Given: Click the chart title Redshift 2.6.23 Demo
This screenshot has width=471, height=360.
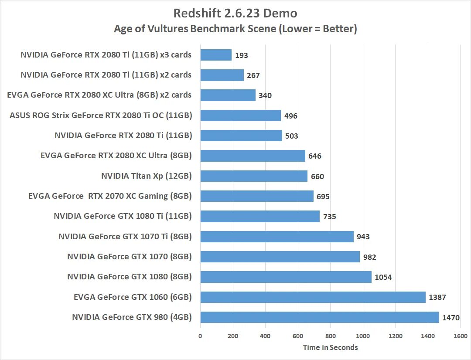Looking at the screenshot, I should tap(235, 14).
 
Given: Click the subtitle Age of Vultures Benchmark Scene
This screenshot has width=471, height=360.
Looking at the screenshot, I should tap(235, 29).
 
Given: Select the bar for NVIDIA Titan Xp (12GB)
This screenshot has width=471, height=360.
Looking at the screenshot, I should tap(254, 176).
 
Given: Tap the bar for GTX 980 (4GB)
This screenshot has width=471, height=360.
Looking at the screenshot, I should tap(320, 317).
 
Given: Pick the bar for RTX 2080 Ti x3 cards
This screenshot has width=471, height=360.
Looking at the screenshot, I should tap(216, 55).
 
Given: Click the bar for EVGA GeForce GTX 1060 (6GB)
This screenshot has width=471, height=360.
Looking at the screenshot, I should tap(313, 297).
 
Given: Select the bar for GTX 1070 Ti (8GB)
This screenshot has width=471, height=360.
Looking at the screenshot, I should tap(277, 237).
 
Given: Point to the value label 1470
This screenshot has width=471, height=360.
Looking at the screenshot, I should tap(451, 318).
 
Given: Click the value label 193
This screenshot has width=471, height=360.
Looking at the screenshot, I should tap(241, 56).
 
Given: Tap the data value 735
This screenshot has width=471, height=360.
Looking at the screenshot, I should tap(329, 217).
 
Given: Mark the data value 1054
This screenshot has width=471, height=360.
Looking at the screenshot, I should tap(383, 277).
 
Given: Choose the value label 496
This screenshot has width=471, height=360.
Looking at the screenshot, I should tap(290, 116).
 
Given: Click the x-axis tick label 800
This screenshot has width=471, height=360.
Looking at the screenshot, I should tap(331, 336).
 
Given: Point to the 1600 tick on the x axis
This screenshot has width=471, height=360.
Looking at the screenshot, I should tap(461, 336).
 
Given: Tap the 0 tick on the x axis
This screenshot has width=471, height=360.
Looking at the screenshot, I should tap(200, 336).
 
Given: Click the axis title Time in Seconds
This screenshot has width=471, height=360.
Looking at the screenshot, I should tap(330, 347).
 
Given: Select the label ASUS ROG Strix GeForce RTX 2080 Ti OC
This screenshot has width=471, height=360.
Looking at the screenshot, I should tap(101, 115).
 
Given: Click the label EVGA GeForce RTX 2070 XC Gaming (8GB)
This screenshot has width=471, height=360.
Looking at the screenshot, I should tap(110, 196).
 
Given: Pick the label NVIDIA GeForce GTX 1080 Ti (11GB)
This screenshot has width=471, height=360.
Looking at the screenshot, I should tap(123, 216).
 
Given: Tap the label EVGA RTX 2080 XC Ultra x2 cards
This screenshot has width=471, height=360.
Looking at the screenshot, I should tap(99, 95).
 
